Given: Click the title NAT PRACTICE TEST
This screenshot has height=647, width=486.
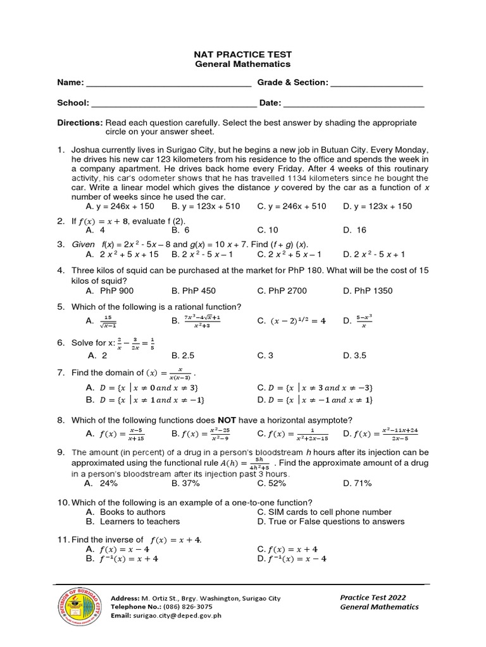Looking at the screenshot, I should click(x=242, y=54).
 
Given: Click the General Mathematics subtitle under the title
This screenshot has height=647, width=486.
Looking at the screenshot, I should click(x=242, y=64).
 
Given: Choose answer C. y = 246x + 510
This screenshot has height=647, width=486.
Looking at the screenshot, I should click(x=292, y=206).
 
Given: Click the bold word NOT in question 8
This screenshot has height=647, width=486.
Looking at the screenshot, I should click(x=228, y=420).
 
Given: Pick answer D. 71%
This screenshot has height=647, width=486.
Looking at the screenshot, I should click(x=358, y=483).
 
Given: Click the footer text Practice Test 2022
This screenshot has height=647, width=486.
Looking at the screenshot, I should click(x=373, y=597).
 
